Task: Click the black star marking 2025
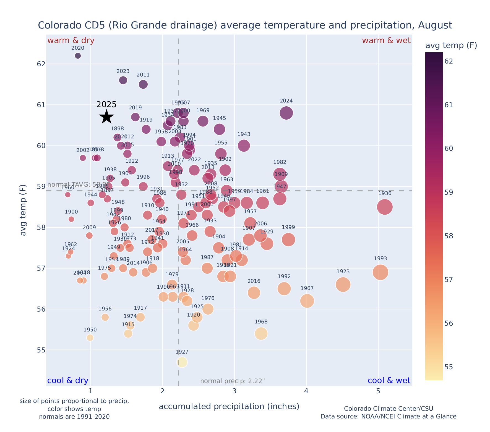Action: click(x=106, y=117)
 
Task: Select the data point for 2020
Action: click(x=78, y=56)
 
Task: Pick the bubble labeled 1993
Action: click(x=380, y=272)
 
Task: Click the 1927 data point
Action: click(x=182, y=362)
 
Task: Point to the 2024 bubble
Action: click(x=286, y=113)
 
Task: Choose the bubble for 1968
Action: click(x=261, y=334)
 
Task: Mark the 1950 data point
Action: click(x=90, y=338)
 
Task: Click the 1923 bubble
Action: click(x=343, y=285)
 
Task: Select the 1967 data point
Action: click(x=307, y=301)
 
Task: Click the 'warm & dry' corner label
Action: click(x=71, y=41)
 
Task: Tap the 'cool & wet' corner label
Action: click(x=389, y=381)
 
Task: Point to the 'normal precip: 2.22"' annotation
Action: click(x=232, y=381)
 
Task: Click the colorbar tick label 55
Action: click(x=449, y=367)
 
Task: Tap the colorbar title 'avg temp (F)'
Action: click(x=451, y=46)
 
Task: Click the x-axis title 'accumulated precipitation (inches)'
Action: click(x=229, y=406)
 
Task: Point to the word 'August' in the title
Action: click(x=435, y=25)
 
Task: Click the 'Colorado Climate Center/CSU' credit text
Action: click(x=388, y=409)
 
